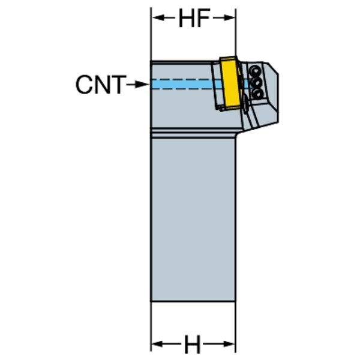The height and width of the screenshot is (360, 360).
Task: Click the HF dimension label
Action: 194,18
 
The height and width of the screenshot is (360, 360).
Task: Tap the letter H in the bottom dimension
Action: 192,344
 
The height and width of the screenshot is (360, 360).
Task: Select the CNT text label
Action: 101,85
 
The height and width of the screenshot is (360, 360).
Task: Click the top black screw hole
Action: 255,70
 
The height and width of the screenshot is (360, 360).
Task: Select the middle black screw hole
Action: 257,82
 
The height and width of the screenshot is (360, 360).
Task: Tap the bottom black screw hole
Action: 258,94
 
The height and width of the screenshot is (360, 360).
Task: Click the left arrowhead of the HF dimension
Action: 159,17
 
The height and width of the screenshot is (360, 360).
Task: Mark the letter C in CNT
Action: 84,85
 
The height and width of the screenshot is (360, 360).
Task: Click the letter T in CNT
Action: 119,85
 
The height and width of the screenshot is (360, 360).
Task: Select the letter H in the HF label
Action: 187,18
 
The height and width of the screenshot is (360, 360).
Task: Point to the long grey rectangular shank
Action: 193,219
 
